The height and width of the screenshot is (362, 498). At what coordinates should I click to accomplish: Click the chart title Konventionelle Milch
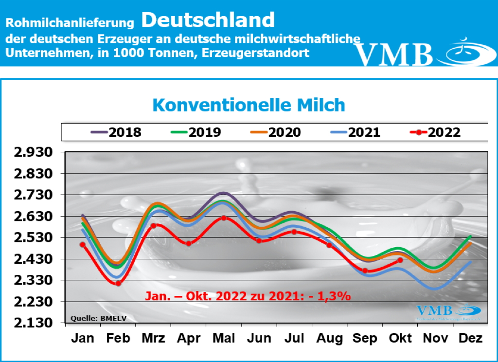[x=249, y=105]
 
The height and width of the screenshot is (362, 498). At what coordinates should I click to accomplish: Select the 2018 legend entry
[x=116, y=132]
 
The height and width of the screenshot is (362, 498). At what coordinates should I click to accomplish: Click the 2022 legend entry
[x=435, y=132]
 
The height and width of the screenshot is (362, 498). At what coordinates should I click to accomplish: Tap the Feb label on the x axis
[x=118, y=339]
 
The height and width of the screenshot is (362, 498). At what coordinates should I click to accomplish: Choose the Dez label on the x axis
[x=470, y=339]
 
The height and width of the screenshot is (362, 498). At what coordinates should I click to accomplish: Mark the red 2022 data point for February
[x=118, y=283]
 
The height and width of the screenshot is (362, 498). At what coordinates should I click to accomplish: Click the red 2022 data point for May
[x=223, y=217]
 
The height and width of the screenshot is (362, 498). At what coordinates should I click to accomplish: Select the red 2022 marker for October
[x=400, y=260]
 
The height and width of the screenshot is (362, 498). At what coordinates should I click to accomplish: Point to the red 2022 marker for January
[x=83, y=245]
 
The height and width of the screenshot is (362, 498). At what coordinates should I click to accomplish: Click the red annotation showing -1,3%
[x=248, y=295]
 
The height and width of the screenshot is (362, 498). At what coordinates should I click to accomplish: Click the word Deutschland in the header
[x=209, y=20]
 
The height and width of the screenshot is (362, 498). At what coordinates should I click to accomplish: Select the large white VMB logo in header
[x=394, y=54]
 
